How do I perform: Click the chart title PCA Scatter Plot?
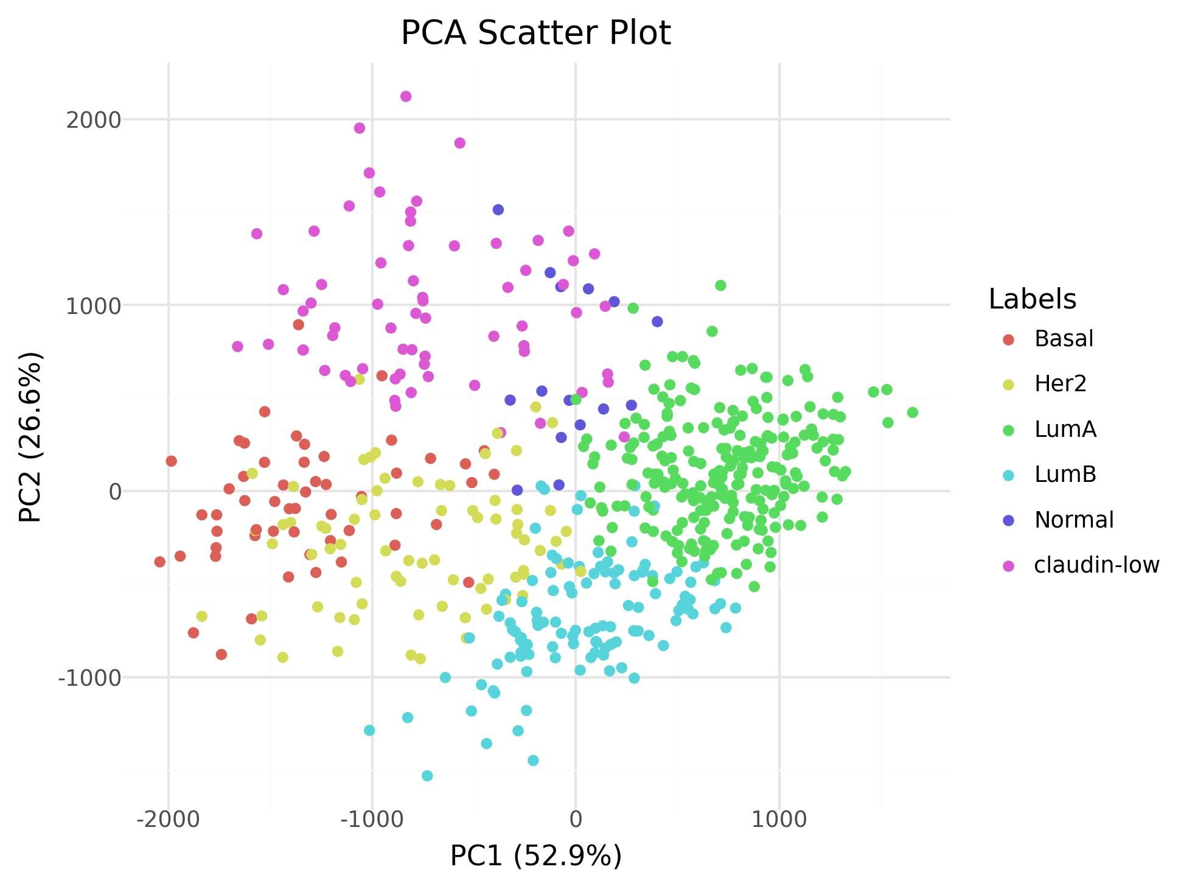[x=535, y=33]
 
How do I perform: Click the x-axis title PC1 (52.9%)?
[x=535, y=856]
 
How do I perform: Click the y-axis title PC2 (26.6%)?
[x=30, y=436]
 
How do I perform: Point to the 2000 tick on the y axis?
[x=94, y=120]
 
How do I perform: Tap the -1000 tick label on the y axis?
[x=89, y=677]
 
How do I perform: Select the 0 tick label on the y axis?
[x=115, y=492]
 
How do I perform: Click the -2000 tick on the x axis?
[x=169, y=820]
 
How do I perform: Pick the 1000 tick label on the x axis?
[x=779, y=820]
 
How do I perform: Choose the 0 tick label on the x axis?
[x=576, y=820]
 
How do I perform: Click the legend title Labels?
[x=1033, y=299]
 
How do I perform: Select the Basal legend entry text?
[x=1064, y=339]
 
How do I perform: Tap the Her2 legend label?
[x=1060, y=384]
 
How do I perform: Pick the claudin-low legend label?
[x=1096, y=565]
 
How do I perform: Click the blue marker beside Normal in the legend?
[x=1008, y=520]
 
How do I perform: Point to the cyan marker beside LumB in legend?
[x=1008, y=475]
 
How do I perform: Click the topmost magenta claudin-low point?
[x=406, y=96]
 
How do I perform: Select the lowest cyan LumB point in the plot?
[x=427, y=775]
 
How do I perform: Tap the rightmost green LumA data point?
[x=912, y=413]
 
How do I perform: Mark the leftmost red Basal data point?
[x=160, y=562]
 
